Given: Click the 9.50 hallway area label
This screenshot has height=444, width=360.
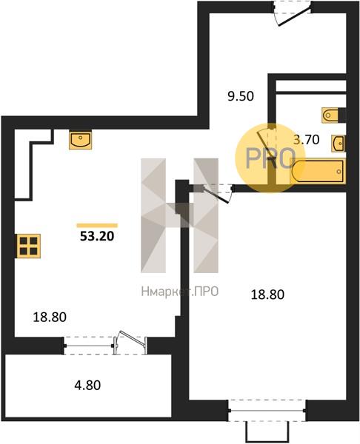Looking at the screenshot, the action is coord(241,96).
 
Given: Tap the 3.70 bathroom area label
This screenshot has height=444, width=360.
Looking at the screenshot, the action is coord(307,140).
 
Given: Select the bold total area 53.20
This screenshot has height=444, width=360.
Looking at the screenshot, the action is coord(97,236).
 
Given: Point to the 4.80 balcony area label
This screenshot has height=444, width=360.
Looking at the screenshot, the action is coord(87,386).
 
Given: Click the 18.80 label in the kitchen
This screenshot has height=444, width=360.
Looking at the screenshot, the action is coord(50,317).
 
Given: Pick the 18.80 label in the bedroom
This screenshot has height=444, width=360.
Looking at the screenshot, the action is coord(267,295).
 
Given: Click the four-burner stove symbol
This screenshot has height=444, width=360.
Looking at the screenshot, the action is coord(29,246).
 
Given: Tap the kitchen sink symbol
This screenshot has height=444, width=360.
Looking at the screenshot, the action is coord(81,140).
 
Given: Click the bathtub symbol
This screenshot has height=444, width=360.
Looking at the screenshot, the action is coord(319,172).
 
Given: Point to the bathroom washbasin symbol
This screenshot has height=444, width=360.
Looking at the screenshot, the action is coord(339,144).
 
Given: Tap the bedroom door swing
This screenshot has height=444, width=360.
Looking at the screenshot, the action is coord(216,193).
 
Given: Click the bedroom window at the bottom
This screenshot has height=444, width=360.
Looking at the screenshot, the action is coord(267,410).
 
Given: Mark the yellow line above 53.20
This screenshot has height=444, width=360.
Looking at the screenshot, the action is coord(97,226).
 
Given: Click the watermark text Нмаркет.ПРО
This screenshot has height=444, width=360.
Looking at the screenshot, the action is coord(180,292).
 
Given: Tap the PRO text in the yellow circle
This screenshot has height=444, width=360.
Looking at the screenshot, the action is coord(270,158).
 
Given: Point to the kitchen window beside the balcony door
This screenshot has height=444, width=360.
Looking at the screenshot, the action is coord(89,346).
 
